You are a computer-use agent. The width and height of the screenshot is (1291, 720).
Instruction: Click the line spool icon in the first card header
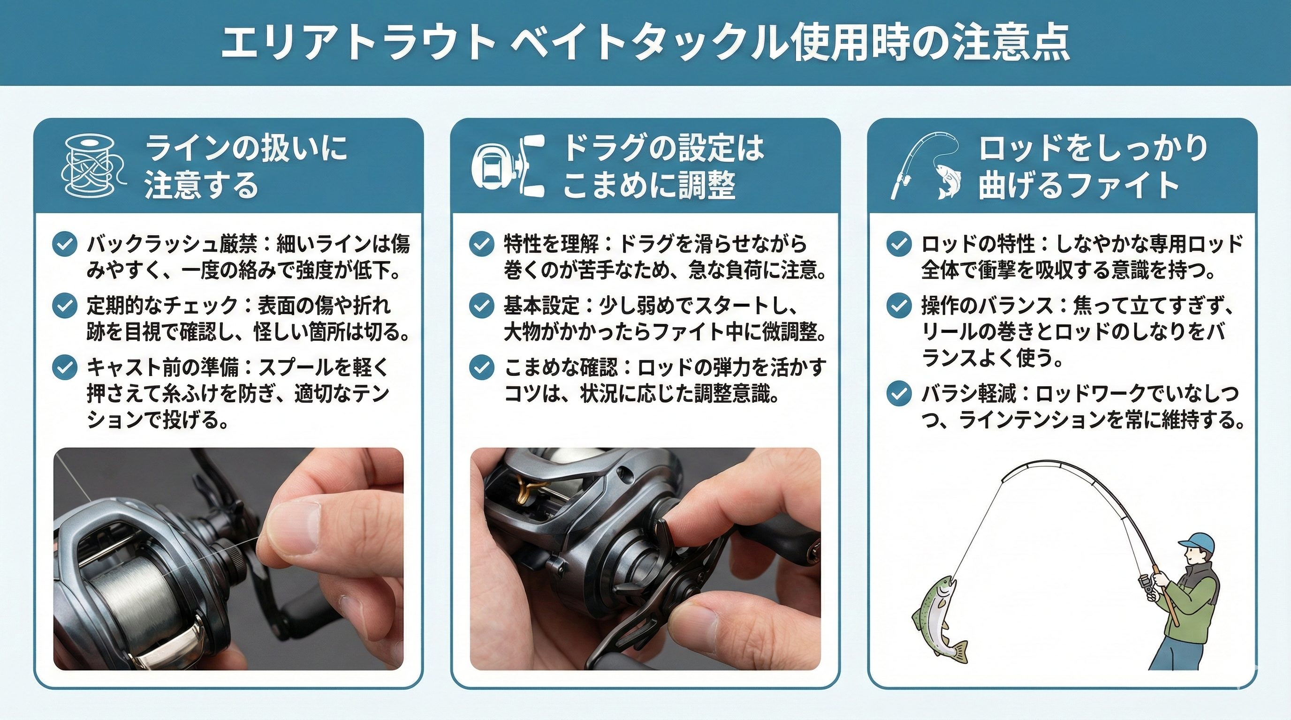point(93,167)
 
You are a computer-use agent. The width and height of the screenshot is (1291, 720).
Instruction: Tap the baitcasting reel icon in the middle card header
point(509,167)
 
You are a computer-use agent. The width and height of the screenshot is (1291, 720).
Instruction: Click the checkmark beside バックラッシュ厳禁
point(65,244)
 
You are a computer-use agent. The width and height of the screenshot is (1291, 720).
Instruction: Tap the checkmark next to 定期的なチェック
point(65,306)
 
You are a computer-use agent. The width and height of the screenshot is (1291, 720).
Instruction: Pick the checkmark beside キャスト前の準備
point(65,368)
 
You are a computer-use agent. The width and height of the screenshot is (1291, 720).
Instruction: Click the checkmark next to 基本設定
point(482,306)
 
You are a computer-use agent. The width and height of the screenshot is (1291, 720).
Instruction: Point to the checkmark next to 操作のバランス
point(899,306)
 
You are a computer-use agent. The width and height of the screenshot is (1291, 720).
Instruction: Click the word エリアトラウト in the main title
point(359,43)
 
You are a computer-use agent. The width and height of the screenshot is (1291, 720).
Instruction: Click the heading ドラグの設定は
point(663,149)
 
